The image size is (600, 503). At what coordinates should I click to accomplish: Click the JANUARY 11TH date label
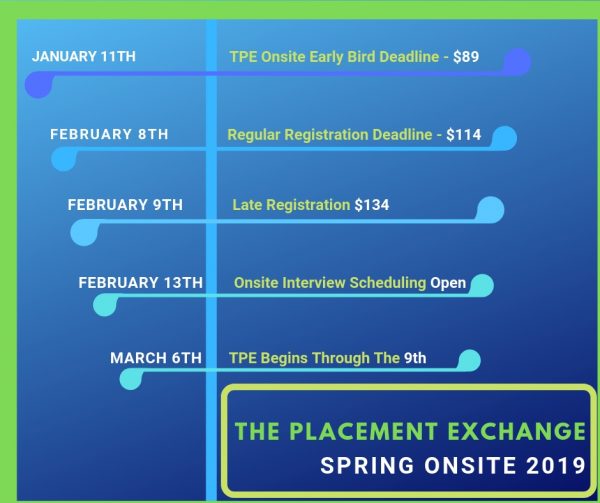(x=84, y=56)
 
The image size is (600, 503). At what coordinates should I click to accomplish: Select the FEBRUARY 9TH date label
(x=125, y=205)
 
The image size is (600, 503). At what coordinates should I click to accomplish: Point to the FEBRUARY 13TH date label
(x=140, y=283)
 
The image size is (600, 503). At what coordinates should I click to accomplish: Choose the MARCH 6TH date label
(x=156, y=357)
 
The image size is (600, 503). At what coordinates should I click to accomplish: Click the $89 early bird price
(x=466, y=57)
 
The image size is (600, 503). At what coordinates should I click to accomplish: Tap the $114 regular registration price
(x=464, y=134)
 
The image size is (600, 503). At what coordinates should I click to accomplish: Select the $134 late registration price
(x=372, y=205)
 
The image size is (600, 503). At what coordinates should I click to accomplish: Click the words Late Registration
(x=291, y=205)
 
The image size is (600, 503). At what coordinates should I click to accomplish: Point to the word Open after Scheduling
(x=448, y=283)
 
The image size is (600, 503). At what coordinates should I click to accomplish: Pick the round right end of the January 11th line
(x=517, y=62)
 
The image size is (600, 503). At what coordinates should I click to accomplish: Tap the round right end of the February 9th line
(x=490, y=210)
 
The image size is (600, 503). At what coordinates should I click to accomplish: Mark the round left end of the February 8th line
(x=63, y=160)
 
